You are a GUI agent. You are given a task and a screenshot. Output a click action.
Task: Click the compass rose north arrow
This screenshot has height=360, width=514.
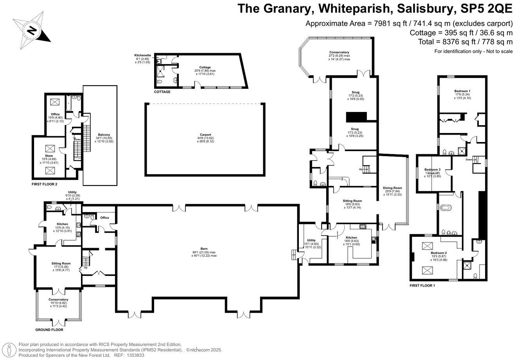(33, 30)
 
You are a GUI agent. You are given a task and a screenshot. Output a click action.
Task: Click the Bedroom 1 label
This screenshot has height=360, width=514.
(462, 91)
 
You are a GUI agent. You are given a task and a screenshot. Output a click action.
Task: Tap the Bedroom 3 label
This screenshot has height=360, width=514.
(433, 169)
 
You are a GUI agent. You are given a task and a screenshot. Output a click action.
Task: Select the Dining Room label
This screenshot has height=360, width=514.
(392, 188)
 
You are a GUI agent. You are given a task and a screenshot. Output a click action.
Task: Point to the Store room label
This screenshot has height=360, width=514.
(49, 156)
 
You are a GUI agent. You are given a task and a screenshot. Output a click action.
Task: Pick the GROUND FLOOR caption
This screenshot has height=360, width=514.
(49, 330)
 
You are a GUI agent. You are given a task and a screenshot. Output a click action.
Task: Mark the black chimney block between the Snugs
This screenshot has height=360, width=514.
(356, 117)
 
